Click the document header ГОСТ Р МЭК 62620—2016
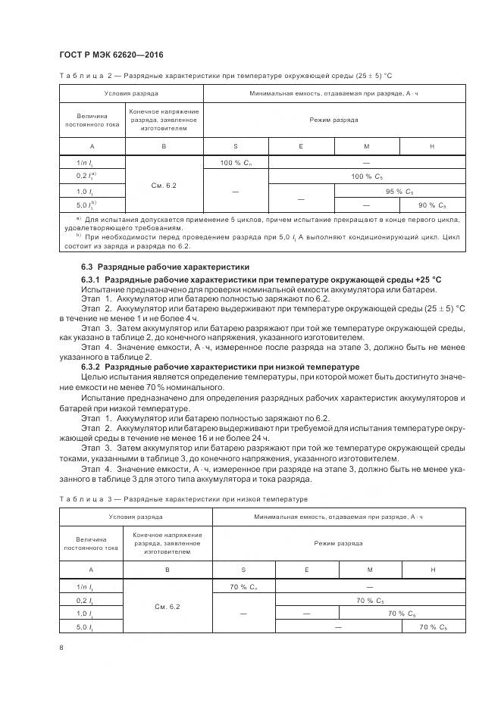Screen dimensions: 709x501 [111, 55]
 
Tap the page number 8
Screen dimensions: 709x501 [61, 646]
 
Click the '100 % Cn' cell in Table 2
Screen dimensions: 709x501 [236, 163]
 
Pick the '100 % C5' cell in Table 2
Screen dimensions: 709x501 [367, 176]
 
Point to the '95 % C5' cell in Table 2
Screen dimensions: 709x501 [399, 191]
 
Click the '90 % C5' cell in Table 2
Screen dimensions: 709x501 [433, 205]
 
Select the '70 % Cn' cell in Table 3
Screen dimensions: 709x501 [244, 586]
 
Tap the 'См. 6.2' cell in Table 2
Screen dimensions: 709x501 [164, 184]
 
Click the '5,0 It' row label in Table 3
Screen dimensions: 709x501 [85, 627]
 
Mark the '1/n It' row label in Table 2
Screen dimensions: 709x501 [85, 163]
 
